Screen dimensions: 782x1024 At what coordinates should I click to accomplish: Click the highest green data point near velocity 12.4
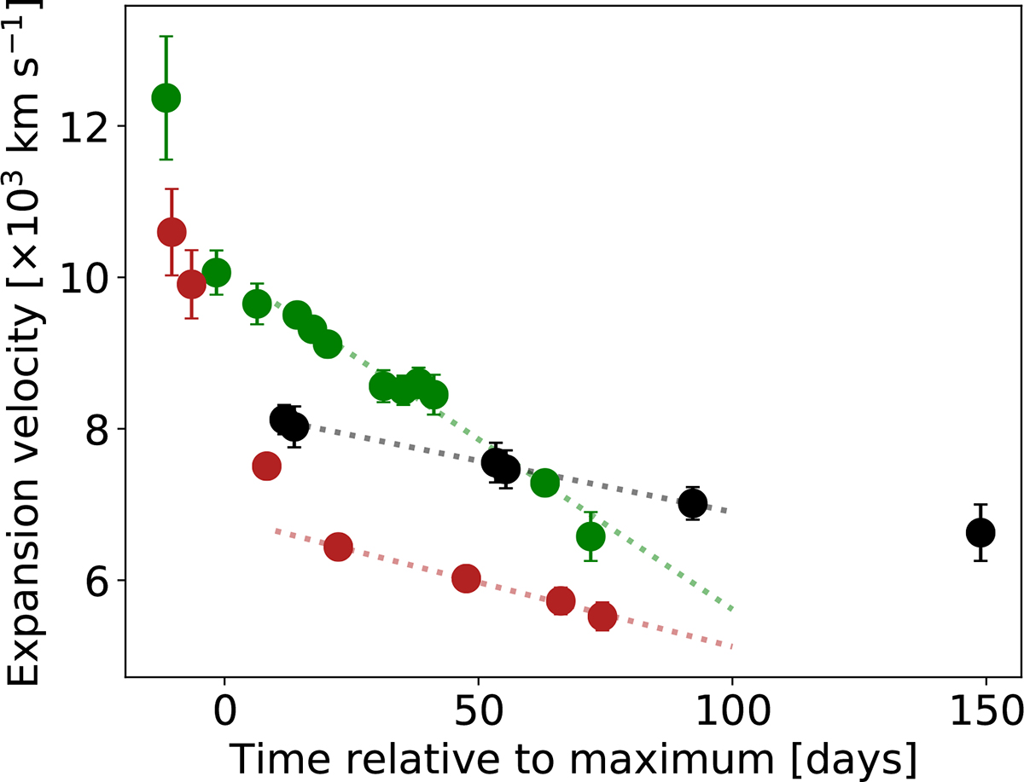pos(166,98)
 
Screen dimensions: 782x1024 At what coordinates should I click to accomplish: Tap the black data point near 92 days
pos(692,504)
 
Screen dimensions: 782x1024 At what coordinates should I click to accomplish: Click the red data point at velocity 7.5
pos(267,466)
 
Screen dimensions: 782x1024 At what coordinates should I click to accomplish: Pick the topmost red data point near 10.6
pos(172,231)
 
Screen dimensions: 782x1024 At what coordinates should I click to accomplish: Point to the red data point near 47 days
pos(466,578)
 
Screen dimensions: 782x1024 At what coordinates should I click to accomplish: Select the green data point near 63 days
pos(544,483)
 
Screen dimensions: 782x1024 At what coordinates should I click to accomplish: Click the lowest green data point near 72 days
pos(591,536)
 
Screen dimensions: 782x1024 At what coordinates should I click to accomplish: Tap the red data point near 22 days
pos(338,547)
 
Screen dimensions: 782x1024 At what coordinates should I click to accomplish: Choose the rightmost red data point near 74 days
pos(602,615)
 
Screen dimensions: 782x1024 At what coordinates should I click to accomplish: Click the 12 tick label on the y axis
pos(90,126)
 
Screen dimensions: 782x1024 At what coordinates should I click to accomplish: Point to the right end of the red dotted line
pos(732,646)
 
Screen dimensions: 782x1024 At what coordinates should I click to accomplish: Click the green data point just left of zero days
pos(217,272)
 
